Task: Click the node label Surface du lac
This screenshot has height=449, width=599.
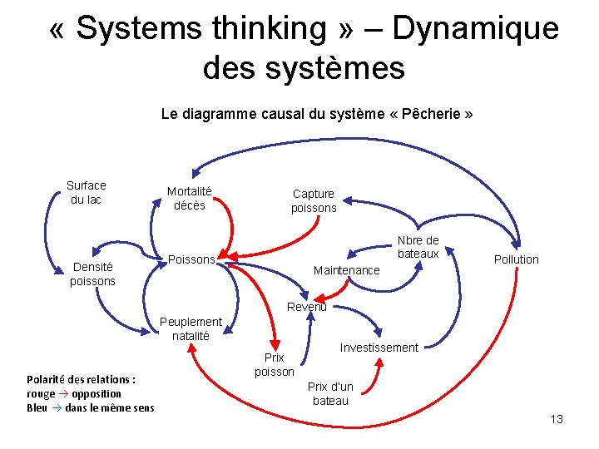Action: click(86, 192)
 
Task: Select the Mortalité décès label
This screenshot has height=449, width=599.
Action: click(189, 198)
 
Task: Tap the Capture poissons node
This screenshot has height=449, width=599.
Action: click(314, 200)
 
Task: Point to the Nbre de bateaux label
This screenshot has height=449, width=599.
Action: click(418, 247)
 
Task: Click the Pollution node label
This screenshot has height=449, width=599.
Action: click(516, 259)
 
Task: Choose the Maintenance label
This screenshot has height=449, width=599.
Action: click(346, 270)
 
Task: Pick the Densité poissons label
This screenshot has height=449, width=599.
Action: click(92, 274)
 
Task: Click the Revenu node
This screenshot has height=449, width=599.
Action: click(307, 307)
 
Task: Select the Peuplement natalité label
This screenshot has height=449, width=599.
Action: click(191, 328)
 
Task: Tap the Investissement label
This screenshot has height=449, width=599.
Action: click(379, 348)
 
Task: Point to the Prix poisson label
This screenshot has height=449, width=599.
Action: click(274, 364)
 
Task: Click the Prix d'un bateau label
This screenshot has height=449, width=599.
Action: click(330, 393)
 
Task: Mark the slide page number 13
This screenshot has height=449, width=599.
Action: click(557, 419)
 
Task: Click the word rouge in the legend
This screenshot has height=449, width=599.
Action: click(41, 393)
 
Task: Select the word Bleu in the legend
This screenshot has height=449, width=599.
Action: click(37, 407)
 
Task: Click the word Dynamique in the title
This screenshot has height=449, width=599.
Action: click(475, 28)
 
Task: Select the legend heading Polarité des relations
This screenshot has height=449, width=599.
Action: click(81, 379)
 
